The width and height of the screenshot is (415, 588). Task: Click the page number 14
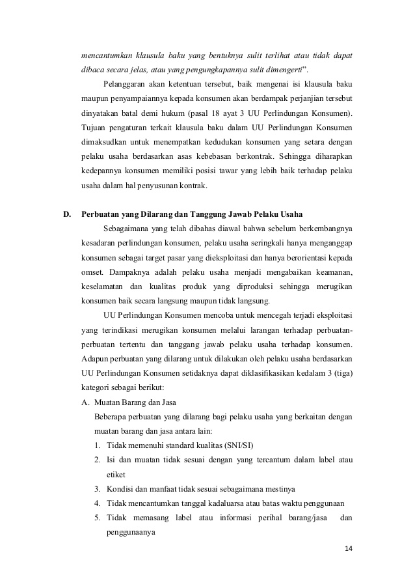(348, 548)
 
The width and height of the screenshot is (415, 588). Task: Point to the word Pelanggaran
(127, 85)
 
